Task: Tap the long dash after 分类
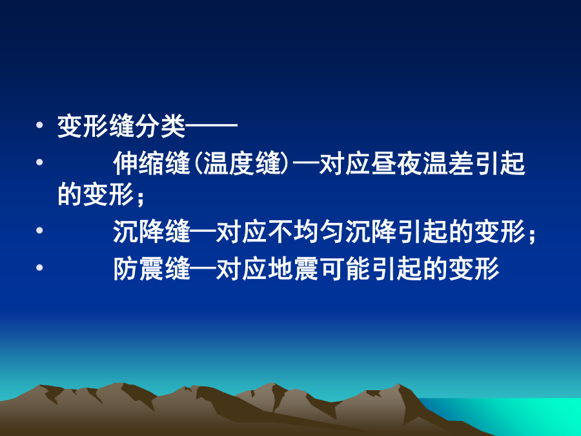tap(212, 127)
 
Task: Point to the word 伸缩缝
tap(152, 163)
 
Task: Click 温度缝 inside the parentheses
tap(241, 163)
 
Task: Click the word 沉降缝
tap(152, 231)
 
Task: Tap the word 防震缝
tap(152, 269)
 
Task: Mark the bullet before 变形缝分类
tap(39, 125)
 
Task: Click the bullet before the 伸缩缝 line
tap(39, 162)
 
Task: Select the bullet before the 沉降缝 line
tap(39, 230)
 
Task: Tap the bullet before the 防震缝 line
tap(39, 267)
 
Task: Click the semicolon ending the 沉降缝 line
tap(532, 235)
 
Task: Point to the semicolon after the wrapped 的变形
tap(140, 198)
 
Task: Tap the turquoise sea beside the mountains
tap(519, 415)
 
